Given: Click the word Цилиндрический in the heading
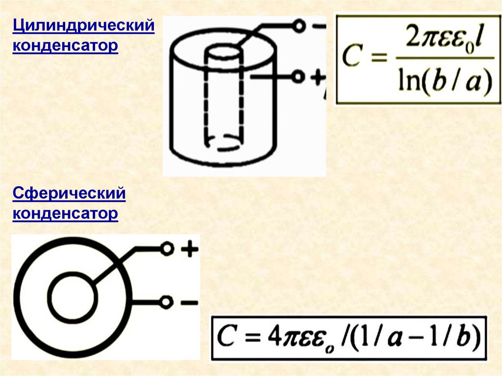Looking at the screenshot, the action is (83, 25).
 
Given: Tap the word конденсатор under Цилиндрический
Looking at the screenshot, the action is (65, 46).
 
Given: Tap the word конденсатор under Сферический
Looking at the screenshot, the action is (65, 214).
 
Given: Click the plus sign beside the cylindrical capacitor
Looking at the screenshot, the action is (315, 76).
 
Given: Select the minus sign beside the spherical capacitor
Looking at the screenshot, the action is (189, 302).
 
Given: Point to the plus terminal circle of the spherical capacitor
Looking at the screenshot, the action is (167, 250).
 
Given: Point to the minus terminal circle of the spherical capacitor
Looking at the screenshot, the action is (167, 302).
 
